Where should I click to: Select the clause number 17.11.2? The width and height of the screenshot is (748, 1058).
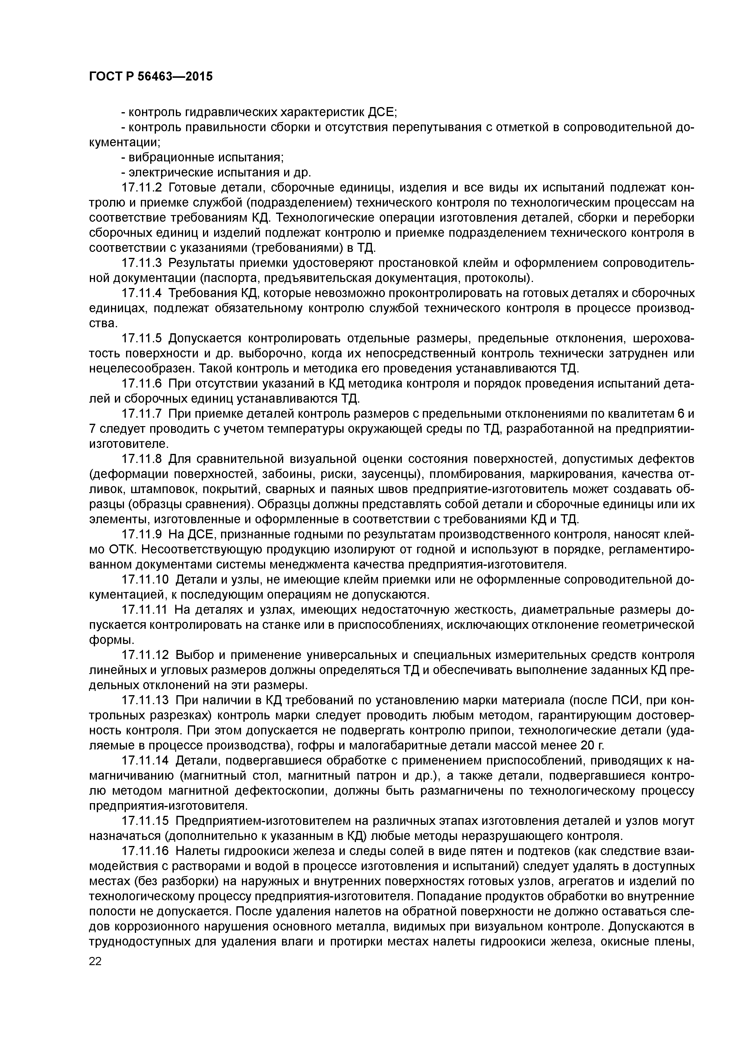pyautogui.click(x=142, y=188)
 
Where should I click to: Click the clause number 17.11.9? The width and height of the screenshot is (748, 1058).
pyautogui.click(x=142, y=534)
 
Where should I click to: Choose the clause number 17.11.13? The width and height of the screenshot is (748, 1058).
pyautogui.click(x=145, y=700)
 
